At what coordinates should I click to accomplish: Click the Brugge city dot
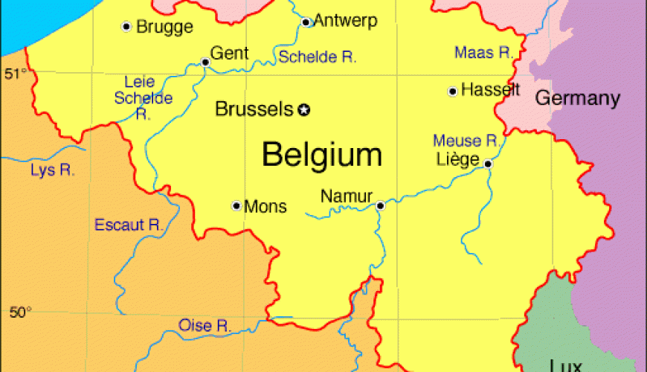pos(126,27)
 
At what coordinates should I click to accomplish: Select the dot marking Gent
pos(205,62)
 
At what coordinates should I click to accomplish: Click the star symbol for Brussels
pos(303,110)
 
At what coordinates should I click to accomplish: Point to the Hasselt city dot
pos(452,92)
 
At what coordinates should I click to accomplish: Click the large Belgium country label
pos(322,155)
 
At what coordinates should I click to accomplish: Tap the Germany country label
pos(577,97)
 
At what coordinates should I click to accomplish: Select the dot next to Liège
pos(488,164)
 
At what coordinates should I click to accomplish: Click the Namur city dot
pos(380,205)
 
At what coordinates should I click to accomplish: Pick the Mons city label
pos(265,206)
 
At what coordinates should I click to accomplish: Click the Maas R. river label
pos(484,52)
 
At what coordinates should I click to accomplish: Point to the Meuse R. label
pos(466,141)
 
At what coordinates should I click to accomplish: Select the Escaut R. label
pos(129,225)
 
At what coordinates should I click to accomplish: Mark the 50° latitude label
pos(21,312)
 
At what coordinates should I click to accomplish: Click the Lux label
pos(565,365)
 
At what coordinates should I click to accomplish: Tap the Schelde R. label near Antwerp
pos(318,57)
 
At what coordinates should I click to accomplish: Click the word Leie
pos(139,82)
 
